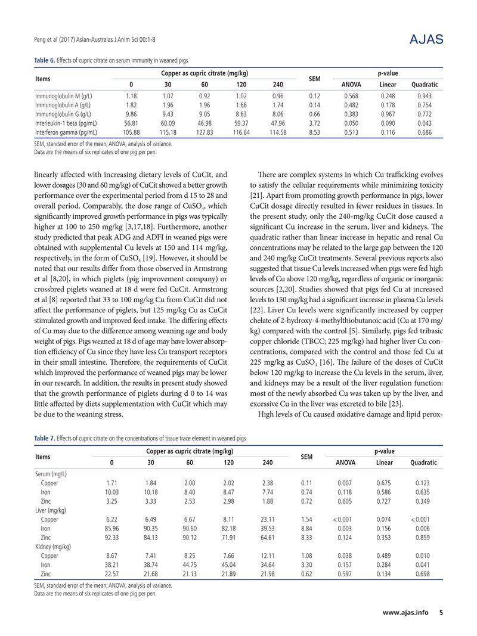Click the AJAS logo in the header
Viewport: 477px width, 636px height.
(427, 40)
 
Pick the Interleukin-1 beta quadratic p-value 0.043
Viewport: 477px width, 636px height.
(425, 123)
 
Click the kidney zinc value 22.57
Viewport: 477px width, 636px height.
(111, 575)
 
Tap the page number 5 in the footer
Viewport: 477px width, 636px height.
(441, 613)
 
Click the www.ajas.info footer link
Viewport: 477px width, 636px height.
(405, 613)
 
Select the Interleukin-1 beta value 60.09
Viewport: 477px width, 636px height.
(168, 123)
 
